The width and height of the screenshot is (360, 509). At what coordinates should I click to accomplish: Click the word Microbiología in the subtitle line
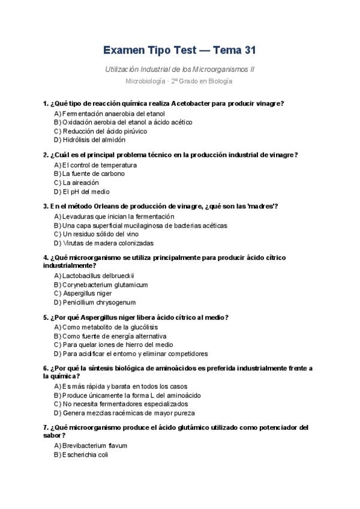[143, 81]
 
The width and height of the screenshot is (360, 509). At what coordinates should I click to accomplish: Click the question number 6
[46, 368]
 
